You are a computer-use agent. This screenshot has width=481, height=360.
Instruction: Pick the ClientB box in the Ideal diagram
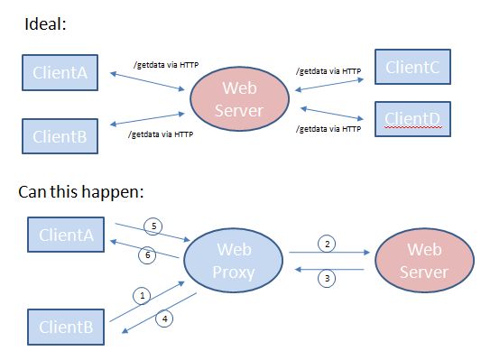point(60,137)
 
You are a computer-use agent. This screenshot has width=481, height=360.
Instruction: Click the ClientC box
point(412,68)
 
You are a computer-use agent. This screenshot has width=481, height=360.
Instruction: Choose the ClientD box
point(412,118)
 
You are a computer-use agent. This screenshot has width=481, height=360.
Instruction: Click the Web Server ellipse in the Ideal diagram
point(240,99)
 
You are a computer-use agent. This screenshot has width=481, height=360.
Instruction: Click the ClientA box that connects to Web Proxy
point(67,235)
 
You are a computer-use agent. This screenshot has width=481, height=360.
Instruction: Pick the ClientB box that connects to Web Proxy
point(67,326)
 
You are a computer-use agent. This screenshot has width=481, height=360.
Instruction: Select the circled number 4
point(165,317)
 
